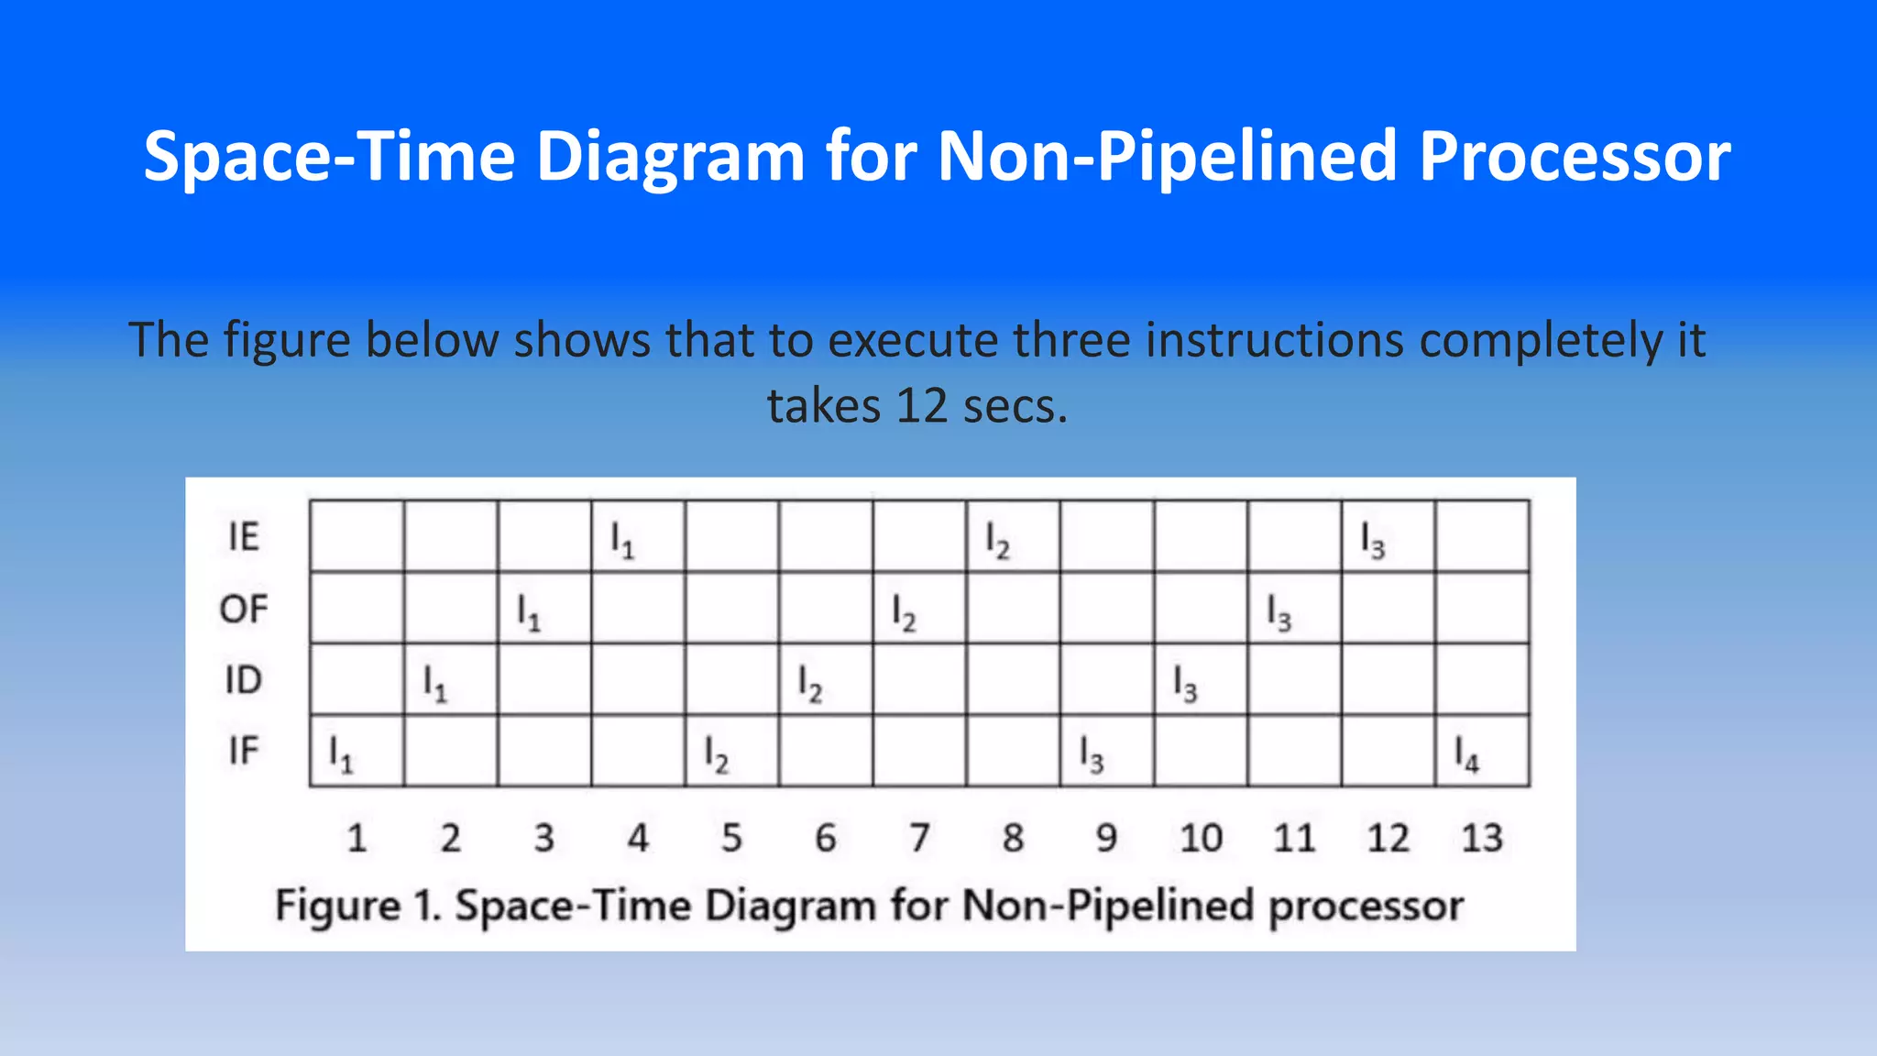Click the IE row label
(244, 536)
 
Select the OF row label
(244, 609)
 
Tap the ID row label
(244, 680)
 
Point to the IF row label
(244, 751)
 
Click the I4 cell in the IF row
(1482, 752)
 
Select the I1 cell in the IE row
(638, 537)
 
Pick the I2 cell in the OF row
(919, 609)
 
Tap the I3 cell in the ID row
(1201, 680)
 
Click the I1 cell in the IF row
(357, 752)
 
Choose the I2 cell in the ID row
(825, 680)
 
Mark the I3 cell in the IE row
(1388, 537)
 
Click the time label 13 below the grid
(1482, 838)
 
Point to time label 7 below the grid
(919, 838)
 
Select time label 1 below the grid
(357, 838)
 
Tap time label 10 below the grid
(1201, 838)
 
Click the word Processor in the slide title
(1575, 156)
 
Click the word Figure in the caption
(338, 906)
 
